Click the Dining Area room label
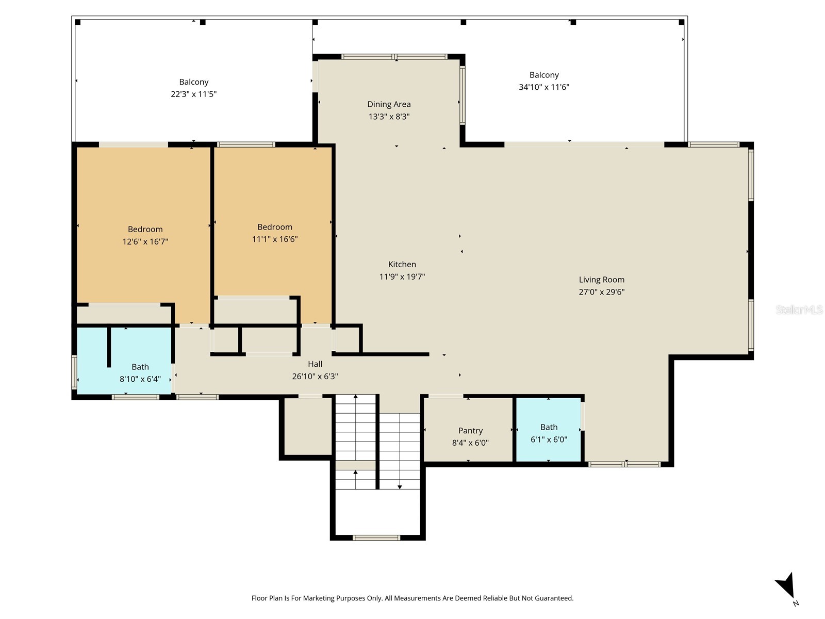[389, 104]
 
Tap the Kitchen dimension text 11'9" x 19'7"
[402, 276]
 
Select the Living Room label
[601, 280]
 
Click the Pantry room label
[470, 431]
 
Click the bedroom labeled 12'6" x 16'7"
[145, 235]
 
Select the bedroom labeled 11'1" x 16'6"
[274, 233]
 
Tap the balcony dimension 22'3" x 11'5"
[193, 94]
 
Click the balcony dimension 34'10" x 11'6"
[543, 87]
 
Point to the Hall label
[315, 364]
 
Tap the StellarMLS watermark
[799, 309]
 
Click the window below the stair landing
[376, 537]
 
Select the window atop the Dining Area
[395, 57]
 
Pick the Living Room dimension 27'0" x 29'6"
[601, 292]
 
